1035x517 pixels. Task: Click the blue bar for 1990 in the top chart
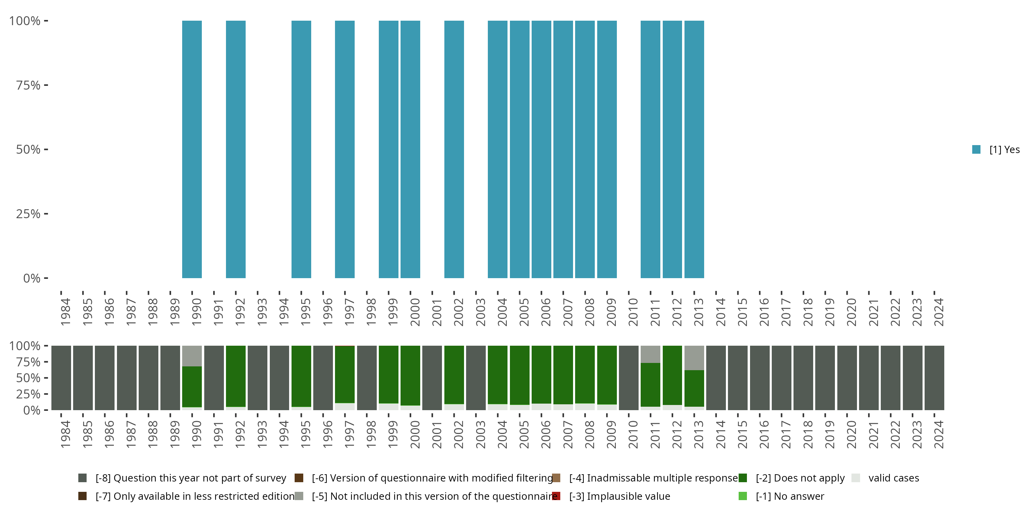[192, 149]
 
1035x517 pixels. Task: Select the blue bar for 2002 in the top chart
[454, 149]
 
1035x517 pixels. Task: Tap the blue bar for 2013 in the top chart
[694, 149]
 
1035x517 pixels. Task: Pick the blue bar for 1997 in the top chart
[345, 149]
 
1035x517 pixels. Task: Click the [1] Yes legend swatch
[976, 150]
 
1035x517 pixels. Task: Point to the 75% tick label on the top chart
[28, 85]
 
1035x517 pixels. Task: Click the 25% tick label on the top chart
[28, 214]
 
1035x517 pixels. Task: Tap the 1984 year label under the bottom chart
[66, 434]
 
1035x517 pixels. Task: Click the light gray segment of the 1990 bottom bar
[192, 356]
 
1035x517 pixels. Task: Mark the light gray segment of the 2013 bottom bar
[694, 358]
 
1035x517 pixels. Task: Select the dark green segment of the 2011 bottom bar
[650, 385]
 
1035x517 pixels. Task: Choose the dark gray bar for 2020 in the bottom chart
[847, 378]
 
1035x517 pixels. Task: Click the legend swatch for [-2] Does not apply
[742, 478]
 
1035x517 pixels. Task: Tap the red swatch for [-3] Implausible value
[556, 496]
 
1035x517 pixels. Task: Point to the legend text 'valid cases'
[894, 478]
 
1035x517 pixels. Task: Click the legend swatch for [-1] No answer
[742, 496]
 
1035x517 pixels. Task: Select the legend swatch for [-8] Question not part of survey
[82, 478]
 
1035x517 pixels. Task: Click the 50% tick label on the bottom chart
[28, 378]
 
